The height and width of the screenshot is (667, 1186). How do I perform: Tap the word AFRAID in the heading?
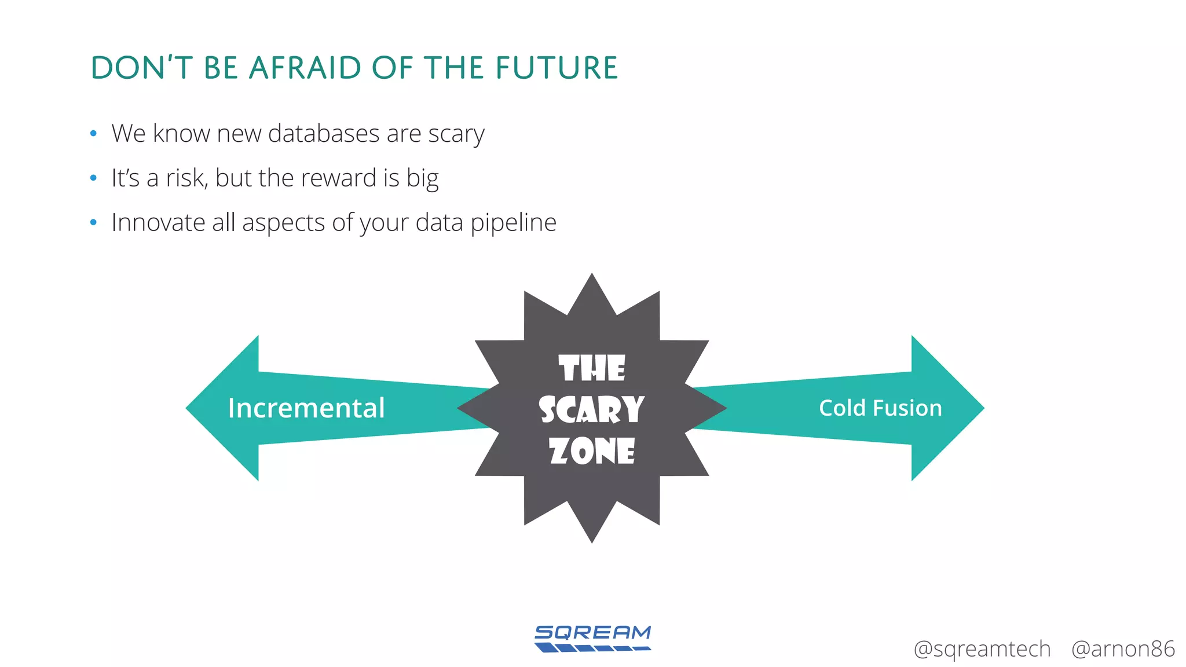click(305, 68)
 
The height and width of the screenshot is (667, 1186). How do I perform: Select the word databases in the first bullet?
click(324, 134)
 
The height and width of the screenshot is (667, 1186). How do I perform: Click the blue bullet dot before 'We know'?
click(93, 134)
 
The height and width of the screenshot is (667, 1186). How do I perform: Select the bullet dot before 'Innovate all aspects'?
click(93, 222)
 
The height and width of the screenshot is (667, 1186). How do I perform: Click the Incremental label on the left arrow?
click(306, 408)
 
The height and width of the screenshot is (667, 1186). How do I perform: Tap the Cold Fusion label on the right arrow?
click(880, 408)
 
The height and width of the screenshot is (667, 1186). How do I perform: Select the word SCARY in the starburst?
click(591, 410)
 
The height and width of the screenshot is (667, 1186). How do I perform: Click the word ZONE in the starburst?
click(592, 451)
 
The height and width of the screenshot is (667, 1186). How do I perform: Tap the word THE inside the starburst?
click(592, 369)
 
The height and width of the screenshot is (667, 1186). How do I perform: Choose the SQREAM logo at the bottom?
click(592, 638)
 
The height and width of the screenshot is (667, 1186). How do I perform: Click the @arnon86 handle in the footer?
click(1122, 649)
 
